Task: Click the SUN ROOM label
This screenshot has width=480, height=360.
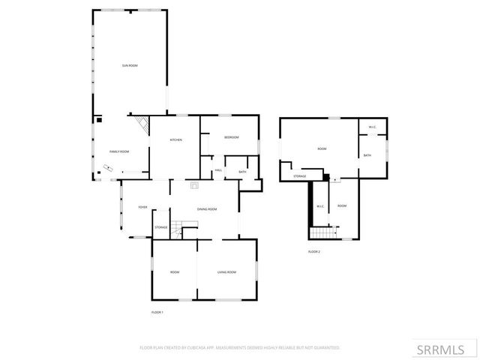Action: tap(130, 66)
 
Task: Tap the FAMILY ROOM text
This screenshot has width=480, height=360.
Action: tap(119, 151)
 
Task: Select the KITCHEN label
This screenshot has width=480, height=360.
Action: tap(176, 140)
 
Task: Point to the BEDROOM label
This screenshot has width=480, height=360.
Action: tap(231, 137)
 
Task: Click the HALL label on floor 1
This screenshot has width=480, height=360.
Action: tap(218, 170)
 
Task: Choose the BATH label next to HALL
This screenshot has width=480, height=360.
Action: tap(242, 172)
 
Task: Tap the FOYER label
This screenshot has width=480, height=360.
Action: tap(142, 208)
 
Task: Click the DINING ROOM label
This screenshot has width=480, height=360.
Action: tap(207, 209)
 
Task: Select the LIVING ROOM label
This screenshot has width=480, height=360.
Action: tap(226, 271)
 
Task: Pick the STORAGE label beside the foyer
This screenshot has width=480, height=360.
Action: tap(161, 227)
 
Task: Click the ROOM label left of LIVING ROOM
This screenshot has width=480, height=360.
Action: tap(174, 271)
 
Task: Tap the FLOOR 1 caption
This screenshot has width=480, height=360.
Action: tap(157, 311)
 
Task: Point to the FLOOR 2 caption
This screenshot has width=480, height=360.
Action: tap(313, 251)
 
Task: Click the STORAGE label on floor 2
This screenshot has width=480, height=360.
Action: tap(299, 176)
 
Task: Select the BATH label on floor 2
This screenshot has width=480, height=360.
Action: tap(367, 155)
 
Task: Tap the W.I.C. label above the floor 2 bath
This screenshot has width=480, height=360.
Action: tap(372, 127)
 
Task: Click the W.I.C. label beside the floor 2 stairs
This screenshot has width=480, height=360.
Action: tap(319, 206)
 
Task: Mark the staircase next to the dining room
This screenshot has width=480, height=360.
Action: tap(177, 231)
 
